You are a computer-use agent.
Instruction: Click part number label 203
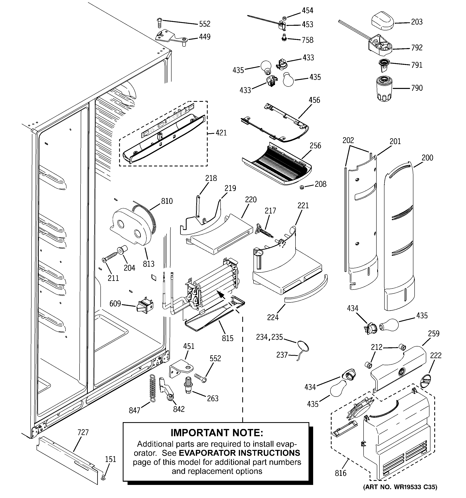[x=417, y=22]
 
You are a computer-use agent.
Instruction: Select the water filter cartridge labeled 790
[x=384, y=89]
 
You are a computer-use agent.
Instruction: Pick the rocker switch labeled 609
[x=145, y=306]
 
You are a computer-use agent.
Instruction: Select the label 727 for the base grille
[x=83, y=432]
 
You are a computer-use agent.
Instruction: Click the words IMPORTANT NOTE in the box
[x=217, y=433]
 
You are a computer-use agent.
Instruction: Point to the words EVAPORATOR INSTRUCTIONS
[x=239, y=453]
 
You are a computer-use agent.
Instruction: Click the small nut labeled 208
[x=302, y=187]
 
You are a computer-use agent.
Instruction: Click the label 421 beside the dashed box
[x=221, y=133]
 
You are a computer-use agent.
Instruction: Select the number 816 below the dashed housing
[x=340, y=473]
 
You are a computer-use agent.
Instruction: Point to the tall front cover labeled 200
[x=399, y=238]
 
